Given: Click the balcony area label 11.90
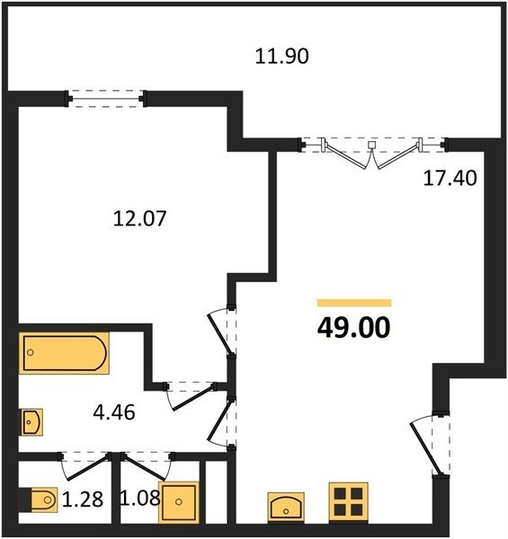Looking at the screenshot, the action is (281, 57).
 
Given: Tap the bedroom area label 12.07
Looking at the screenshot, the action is (139, 218).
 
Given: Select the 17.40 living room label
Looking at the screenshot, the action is (450, 178).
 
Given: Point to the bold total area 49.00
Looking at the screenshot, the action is (353, 328).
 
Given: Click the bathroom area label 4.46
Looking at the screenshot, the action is (114, 412).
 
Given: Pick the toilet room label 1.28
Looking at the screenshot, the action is (83, 499).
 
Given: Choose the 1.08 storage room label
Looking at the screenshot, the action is (139, 498).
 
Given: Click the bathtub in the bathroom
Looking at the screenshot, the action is (64, 353).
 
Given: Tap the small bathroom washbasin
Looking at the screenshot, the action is (31, 422).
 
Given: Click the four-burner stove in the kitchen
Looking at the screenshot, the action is (349, 502).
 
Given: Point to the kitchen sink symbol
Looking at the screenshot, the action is (286, 507).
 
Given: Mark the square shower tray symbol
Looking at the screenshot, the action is (179, 502).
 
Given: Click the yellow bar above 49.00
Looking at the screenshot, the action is (354, 303).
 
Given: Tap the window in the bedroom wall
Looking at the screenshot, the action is (106, 99).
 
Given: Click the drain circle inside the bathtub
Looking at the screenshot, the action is (31, 352).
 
